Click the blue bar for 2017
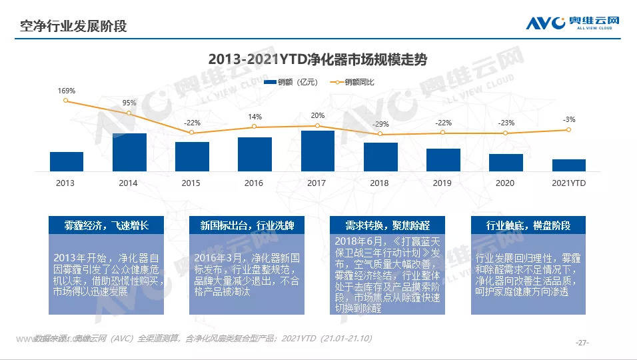coord(318,151)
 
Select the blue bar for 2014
coord(129,153)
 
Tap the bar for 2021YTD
coord(569,165)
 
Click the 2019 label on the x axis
coord(442,183)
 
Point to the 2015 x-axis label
coord(191,183)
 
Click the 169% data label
coord(67,91)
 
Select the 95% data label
coord(129,103)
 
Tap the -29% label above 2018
coord(380,124)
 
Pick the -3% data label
coord(569,120)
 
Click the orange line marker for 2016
coord(255,127)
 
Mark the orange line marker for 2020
coord(506,133)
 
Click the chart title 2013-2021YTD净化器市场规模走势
coord(317,59)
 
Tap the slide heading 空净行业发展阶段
coord(73,26)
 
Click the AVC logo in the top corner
coord(572,23)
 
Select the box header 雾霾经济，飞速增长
coord(106,225)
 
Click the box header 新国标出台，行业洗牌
coord(247,225)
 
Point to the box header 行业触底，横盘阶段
coord(528,225)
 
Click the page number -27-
coord(582,343)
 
